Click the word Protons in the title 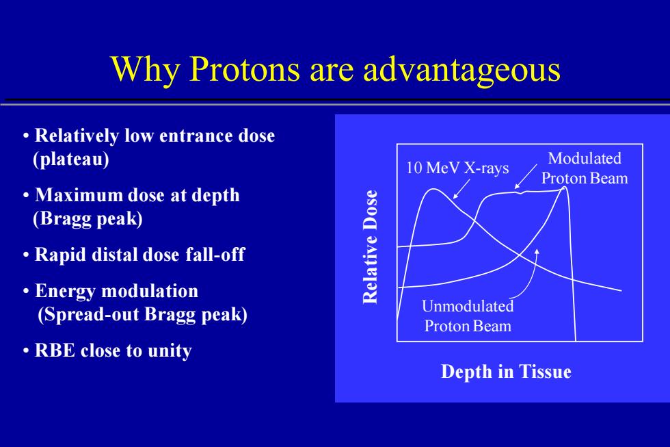point(245,68)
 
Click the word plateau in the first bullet point(71,159)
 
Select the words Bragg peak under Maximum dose point(88,218)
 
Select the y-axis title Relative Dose point(370,246)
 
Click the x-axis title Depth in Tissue point(506,371)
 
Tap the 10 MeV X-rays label point(457,168)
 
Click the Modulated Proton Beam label point(585,168)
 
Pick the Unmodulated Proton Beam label point(468,316)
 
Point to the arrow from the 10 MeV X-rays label point(461,189)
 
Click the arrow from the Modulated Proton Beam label point(526,176)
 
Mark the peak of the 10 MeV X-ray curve point(433,189)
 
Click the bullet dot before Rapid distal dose point(26,255)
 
